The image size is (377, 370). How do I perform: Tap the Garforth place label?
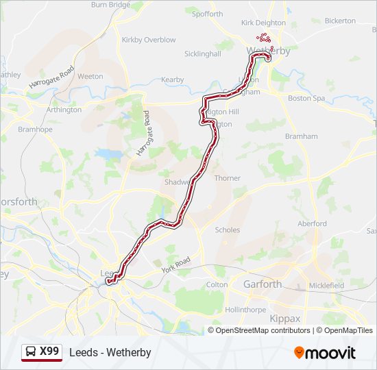(263, 284)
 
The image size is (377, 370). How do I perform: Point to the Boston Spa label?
(306, 98)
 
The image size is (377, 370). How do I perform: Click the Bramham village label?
(302, 136)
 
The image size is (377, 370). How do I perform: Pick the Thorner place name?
(228, 178)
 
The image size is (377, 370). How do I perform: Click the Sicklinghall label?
(203, 53)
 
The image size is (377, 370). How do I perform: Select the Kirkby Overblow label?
(149, 40)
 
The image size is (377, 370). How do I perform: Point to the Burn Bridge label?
(110, 5)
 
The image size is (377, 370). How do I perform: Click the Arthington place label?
(64, 110)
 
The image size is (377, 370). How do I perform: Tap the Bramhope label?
(35, 129)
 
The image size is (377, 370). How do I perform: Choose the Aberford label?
(313, 223)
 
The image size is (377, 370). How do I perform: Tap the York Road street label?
(177, 266)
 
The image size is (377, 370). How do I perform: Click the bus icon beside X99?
(32, 352)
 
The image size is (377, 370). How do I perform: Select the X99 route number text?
(49, 351)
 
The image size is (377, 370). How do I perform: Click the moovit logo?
(325, 353)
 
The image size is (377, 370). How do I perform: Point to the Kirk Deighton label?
(263, 23)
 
